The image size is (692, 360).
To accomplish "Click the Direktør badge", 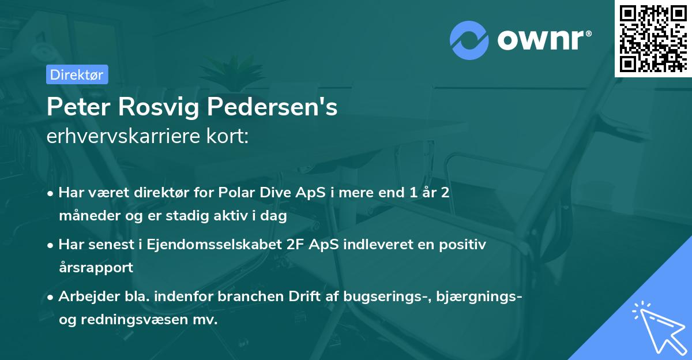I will coord(77,74).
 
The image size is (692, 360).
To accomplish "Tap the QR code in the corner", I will coord(653,39).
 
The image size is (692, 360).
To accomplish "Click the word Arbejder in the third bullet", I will coord(83,297).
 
